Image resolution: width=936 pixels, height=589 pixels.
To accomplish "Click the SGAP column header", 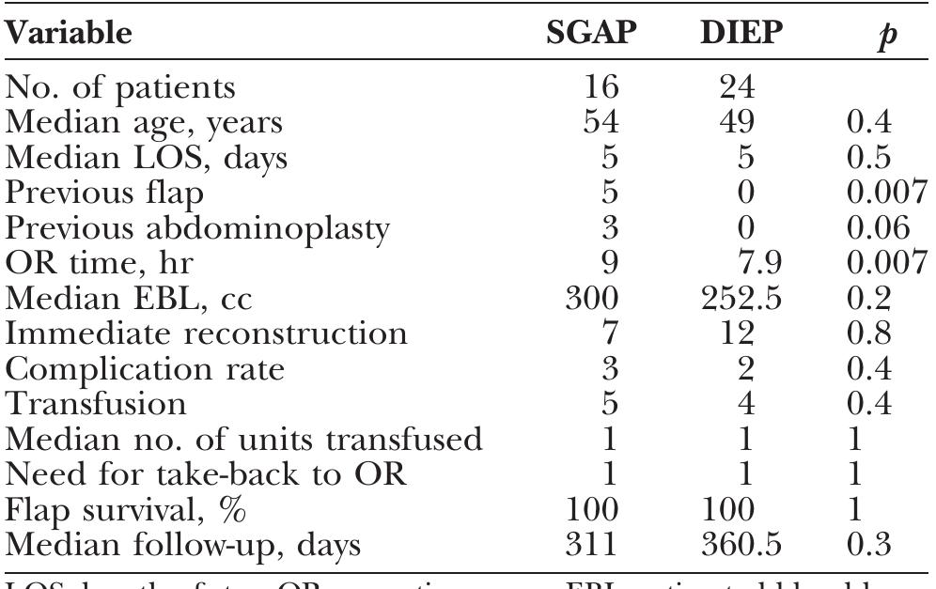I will (x=593, y=36).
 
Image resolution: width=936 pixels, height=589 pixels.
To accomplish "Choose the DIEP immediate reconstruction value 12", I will (x=728, y=334).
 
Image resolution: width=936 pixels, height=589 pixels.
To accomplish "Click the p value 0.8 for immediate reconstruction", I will (x=868, y=334).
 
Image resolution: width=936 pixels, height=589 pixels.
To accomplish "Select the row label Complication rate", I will (x=146, y=370).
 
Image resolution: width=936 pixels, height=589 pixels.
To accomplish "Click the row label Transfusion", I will (x=97, y=405).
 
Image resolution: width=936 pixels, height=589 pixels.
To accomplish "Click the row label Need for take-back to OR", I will (x=206, y=475).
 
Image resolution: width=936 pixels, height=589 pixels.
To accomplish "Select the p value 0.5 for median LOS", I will (x=868, y=158).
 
